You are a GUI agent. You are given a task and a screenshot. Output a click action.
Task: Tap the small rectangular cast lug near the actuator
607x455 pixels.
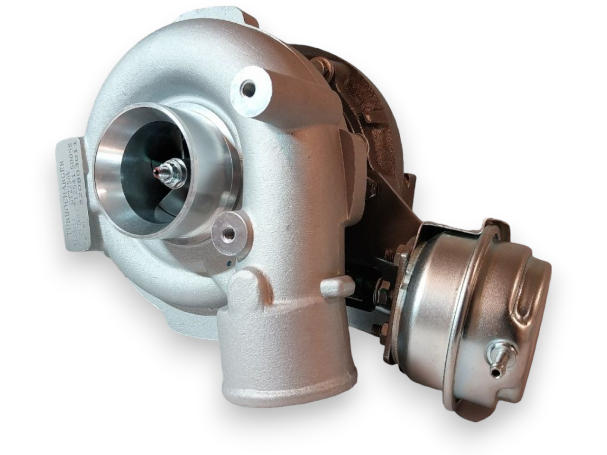pos(338,285)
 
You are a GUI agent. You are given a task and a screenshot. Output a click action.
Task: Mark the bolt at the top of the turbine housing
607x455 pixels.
pos(324,67)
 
